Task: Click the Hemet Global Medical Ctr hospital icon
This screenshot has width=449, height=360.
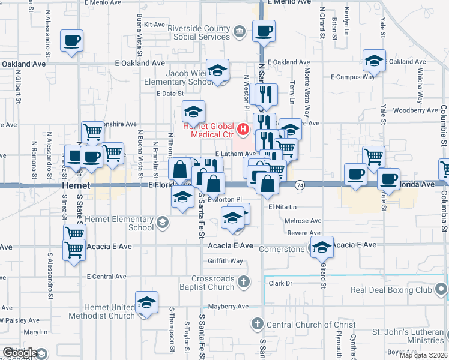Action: [243, 129]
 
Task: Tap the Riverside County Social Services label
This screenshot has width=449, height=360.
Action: [198, 33]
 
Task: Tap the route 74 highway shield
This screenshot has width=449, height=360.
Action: [299, 186]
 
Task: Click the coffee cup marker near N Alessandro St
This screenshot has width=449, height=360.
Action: [71, 41]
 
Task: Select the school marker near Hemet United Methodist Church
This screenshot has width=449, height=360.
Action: [146, 304]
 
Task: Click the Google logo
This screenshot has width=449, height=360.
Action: [20, 353]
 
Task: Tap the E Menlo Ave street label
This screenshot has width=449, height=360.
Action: [289, 3]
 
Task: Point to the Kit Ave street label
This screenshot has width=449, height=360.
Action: [154, 25]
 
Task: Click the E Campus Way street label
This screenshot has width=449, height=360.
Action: [353, 77]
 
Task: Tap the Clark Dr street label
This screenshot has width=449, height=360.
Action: [280, 283]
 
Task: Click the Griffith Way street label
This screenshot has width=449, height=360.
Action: [225, 261]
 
